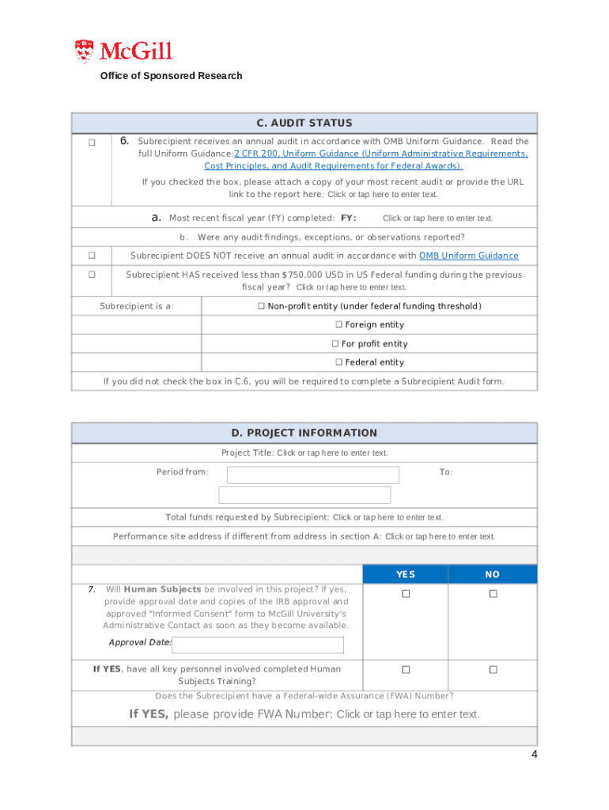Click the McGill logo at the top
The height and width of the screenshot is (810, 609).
123,52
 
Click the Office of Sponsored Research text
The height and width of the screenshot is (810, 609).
171,76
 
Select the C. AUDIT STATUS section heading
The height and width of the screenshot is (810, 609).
304,123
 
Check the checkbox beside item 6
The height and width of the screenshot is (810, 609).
92,142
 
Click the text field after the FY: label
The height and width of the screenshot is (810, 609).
437,218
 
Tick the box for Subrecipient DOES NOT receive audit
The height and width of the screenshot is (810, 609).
92,255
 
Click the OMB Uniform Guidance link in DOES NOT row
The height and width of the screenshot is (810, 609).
468,255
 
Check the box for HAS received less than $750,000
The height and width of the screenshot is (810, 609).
92,274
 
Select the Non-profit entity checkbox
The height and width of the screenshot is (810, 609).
261,306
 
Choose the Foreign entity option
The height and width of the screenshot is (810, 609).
339,325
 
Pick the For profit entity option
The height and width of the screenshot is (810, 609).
335,344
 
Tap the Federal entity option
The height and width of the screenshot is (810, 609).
339,362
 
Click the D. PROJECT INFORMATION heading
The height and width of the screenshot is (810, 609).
304,433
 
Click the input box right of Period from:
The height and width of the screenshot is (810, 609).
313,475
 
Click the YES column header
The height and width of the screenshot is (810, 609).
405,574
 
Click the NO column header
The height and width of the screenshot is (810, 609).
492,574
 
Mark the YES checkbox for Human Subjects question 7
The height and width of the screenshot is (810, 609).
406,594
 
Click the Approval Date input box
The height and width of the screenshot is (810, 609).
258,645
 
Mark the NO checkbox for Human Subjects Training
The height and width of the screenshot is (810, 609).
493,670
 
